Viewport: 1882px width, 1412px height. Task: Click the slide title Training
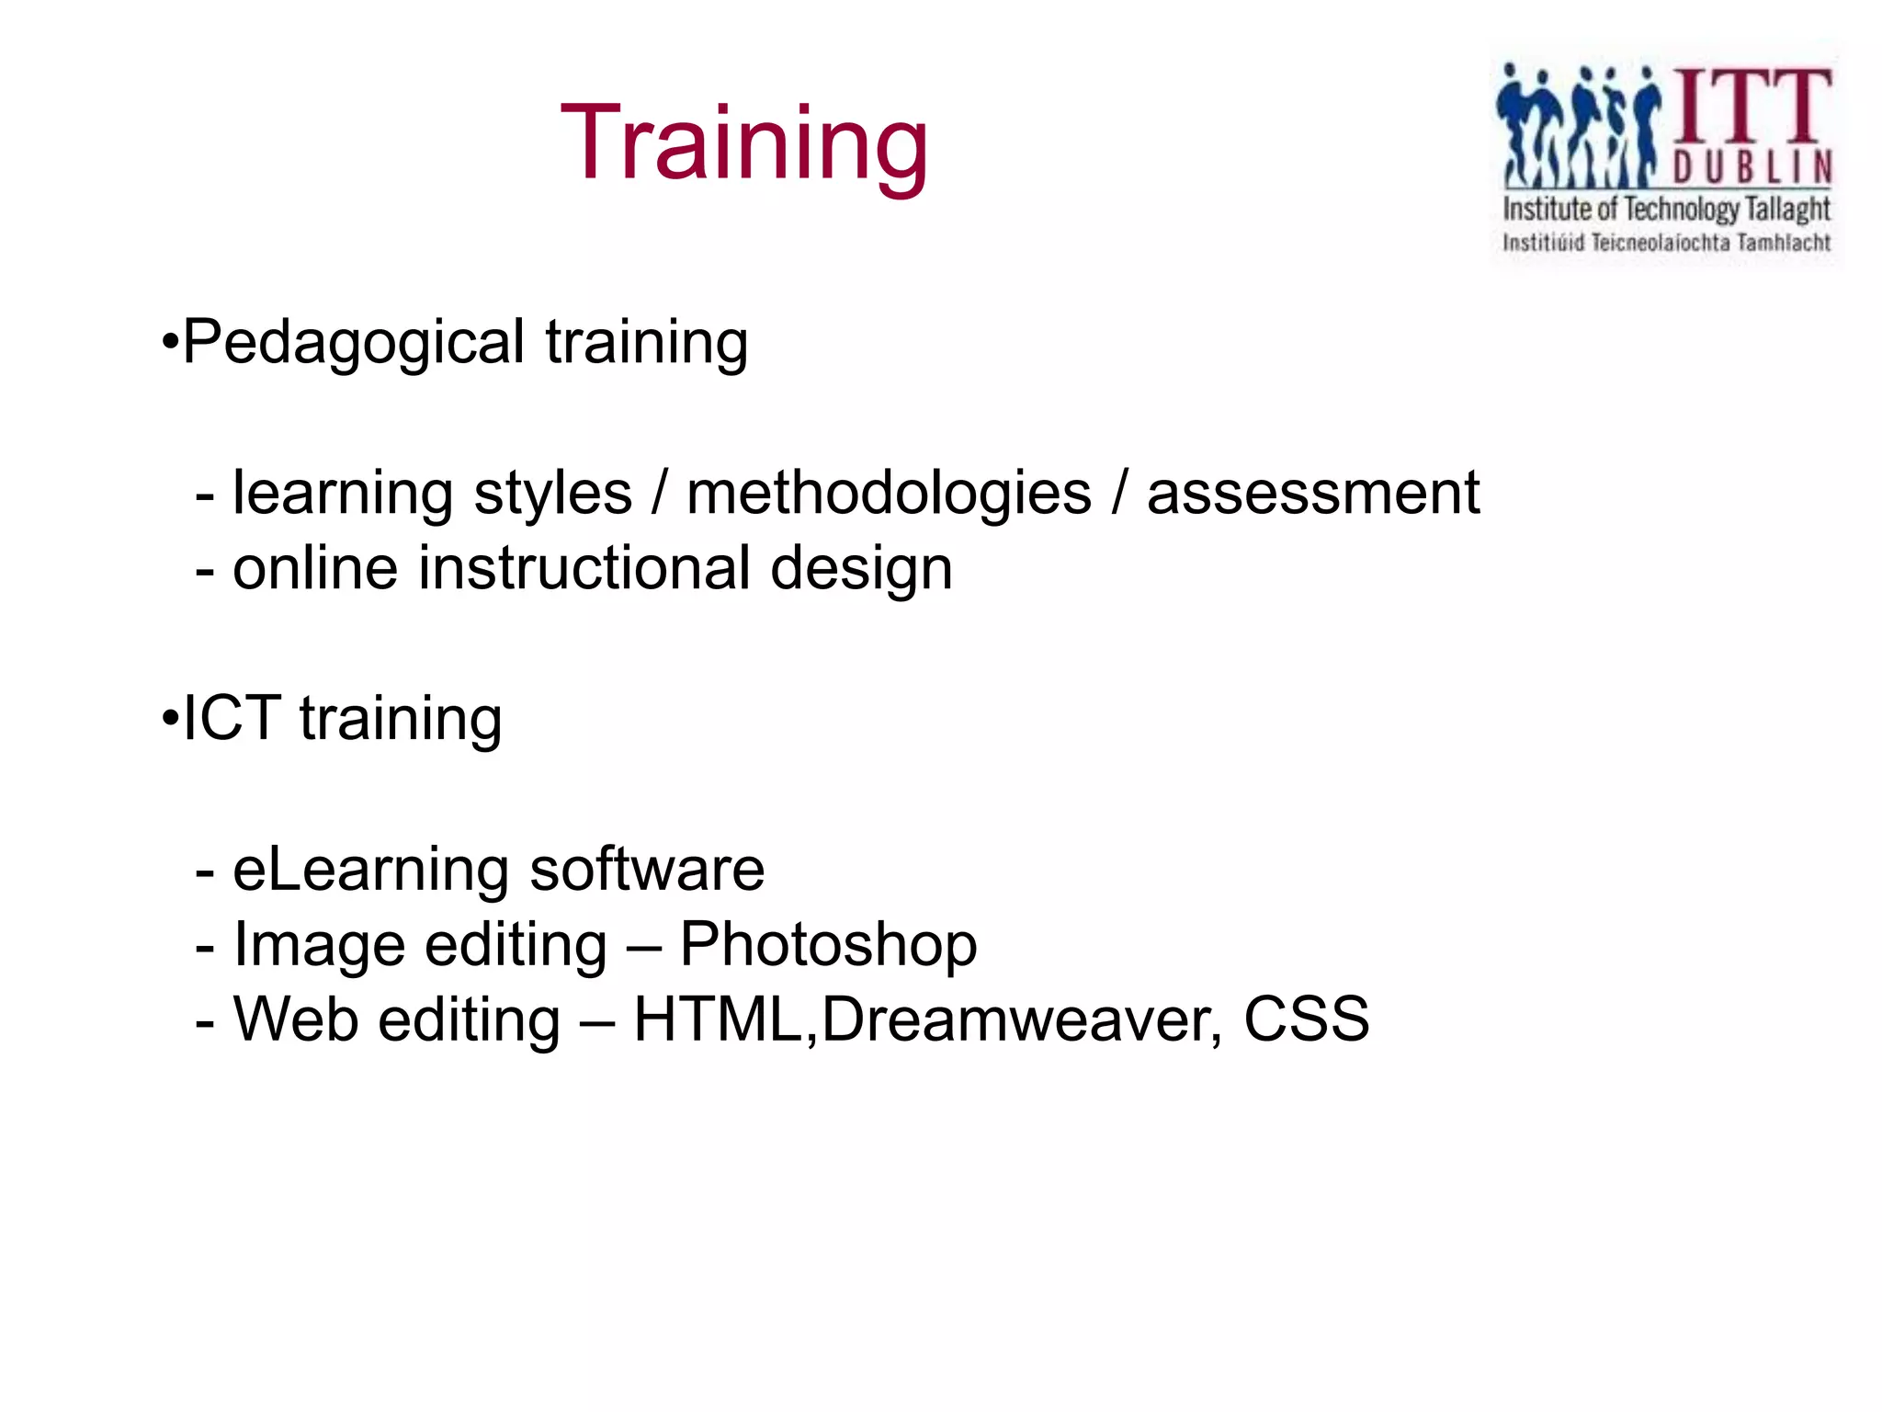[x=744, y=145]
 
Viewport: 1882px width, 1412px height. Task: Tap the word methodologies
[x=889, y=495]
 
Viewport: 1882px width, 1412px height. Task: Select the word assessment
[x=1313, y=494]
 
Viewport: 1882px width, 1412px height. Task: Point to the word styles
[x=552, y=495]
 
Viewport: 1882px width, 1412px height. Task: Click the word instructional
[x=584, y=568]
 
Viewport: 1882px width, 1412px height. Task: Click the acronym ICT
[x=232, y=718]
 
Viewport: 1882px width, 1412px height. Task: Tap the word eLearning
[x=370, y=871]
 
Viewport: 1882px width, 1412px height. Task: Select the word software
[x=647, y=869]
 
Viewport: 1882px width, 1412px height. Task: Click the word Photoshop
[x=828, y=946]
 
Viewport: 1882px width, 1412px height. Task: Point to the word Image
[x=319, y=946]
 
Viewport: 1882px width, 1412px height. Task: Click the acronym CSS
[x=1306, y=1019]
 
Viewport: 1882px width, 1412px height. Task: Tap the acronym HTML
[x=719, y=1019]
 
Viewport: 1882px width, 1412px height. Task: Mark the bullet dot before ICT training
[x=169, y=720]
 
